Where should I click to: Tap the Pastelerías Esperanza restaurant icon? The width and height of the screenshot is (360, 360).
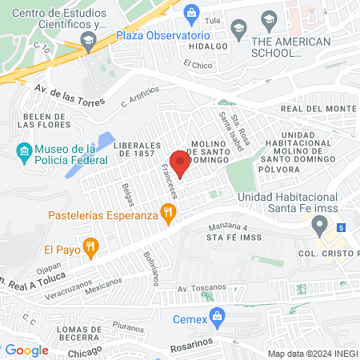point(167,214)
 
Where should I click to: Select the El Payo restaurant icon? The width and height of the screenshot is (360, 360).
point(92,247)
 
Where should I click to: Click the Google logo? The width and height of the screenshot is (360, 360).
point(27,350)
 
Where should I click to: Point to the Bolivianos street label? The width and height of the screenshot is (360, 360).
point(151,270)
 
